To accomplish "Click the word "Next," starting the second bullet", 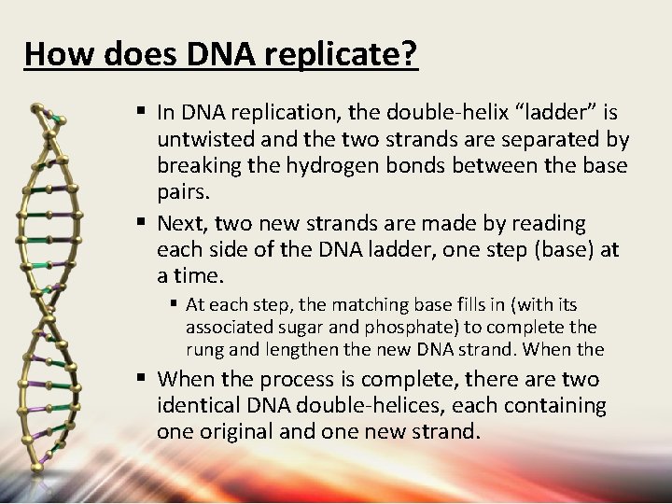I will pos(181,224).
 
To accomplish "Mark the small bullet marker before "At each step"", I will pos(174,304).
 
